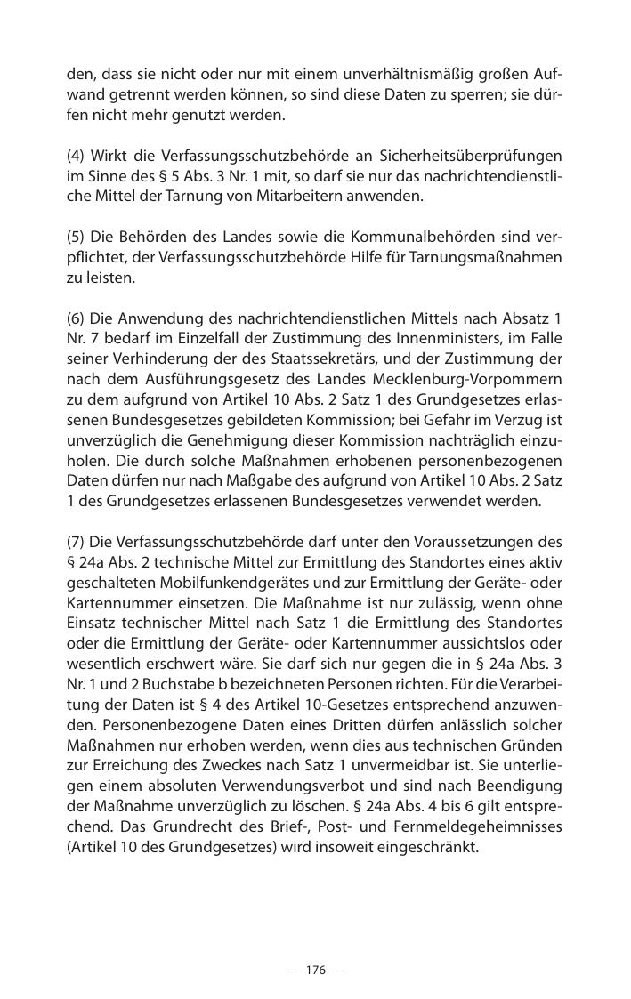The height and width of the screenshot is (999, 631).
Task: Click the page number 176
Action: click(316, 971)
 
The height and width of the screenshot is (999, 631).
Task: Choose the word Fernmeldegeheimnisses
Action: click(484, 827)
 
